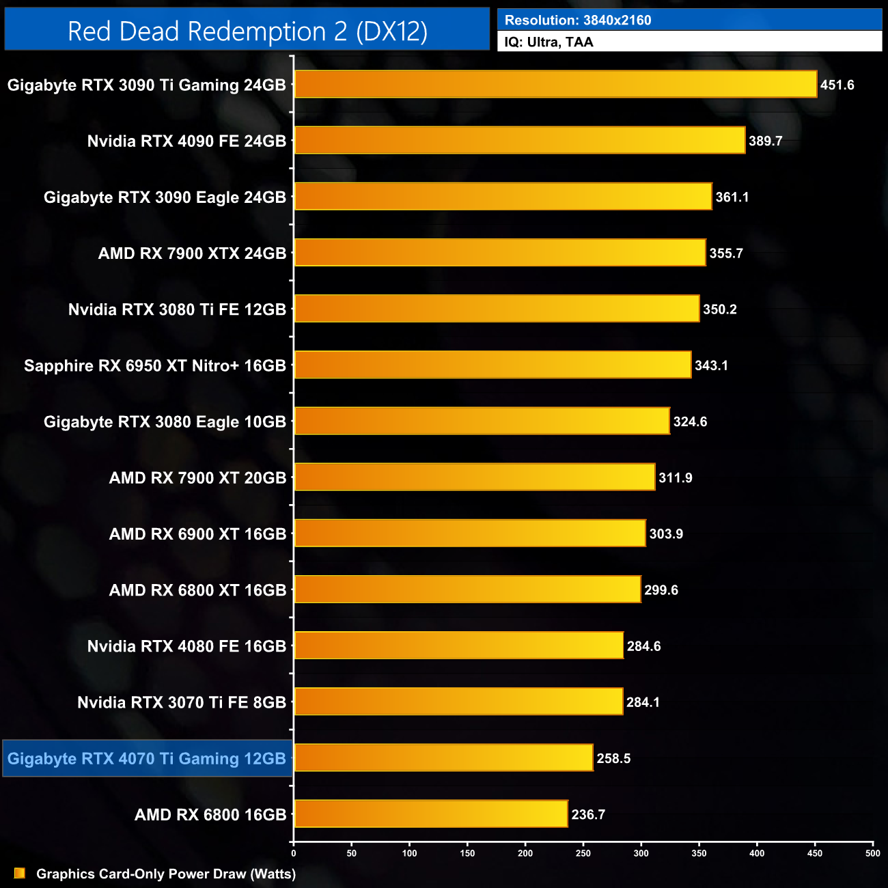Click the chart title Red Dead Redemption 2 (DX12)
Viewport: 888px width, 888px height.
(x=247, y=31)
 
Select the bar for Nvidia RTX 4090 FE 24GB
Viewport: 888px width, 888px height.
(x=519, y=141)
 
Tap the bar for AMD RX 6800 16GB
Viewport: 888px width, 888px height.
(x=431, y=814)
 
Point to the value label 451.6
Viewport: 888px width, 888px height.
(x=837, y=85)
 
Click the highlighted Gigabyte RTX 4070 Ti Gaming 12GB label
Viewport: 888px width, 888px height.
(x=147, y=759)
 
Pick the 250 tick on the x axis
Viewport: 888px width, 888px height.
(x=583, y=852)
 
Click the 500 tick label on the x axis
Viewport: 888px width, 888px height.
(x=873, y=852)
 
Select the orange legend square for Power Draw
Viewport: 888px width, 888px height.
(x=19, y=873)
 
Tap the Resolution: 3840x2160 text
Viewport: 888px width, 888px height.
(x=578, y=20)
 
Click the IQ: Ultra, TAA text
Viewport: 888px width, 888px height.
(x=549, y=42)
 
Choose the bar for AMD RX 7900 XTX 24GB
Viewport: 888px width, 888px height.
(x=499, y=253)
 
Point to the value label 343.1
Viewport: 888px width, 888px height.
(x=711, y=365)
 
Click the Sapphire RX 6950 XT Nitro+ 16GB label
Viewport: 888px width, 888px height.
(x=155, y=366)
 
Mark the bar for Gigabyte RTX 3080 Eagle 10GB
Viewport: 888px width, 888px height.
(x=482, y=421)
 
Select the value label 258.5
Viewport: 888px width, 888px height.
(x=613, y=758)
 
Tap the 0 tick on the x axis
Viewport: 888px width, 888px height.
(x=294, y=852)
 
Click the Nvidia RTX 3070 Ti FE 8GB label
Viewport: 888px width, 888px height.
(x=182, y=703)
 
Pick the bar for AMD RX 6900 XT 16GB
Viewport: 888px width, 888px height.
(x=469, y=533)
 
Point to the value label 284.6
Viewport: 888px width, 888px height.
(x=643, y=646)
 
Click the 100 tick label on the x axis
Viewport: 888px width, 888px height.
(x=409, y=852)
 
